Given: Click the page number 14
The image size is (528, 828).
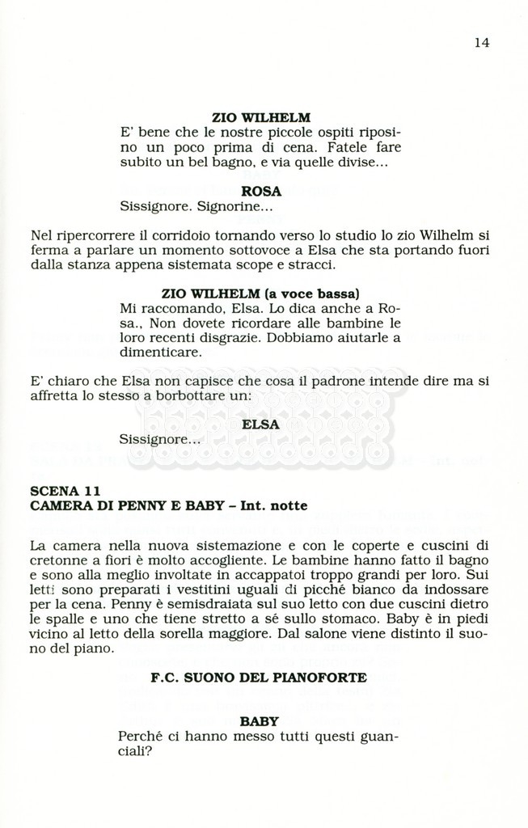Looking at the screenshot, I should pos(481,43).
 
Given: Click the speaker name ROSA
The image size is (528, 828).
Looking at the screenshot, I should pos(261,192).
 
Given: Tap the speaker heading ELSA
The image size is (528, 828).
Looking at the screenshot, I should pos(260,424).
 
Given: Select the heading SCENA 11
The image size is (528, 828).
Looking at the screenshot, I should pos(65,491).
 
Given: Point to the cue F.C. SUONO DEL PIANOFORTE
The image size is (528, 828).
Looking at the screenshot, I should pos(259,678).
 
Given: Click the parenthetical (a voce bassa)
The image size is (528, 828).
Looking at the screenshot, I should pos(312,293).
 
